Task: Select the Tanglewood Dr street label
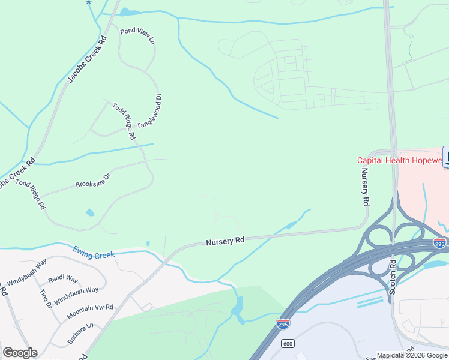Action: coord(150,111)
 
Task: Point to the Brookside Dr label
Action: coord(93,180)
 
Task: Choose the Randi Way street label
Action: coord(63,279)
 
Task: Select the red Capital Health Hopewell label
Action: coord(399,160)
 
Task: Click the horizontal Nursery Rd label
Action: coord(225,241)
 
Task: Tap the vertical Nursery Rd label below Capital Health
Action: coord(364,187)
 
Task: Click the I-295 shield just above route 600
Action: coord(283,324)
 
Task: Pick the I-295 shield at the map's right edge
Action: coord(439,243)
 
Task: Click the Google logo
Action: coord(20,353)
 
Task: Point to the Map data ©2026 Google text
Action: coord(412,355)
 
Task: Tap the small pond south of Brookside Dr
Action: coord(90,212)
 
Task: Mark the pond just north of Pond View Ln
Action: coord(127,11)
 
